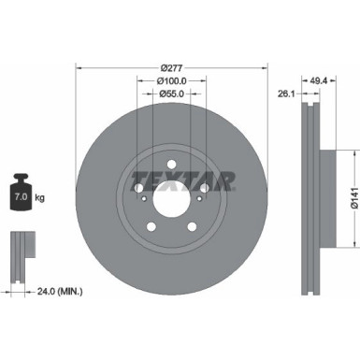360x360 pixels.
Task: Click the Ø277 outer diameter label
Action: click(171, 68)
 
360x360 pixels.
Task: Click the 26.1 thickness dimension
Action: click(288, 93)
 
